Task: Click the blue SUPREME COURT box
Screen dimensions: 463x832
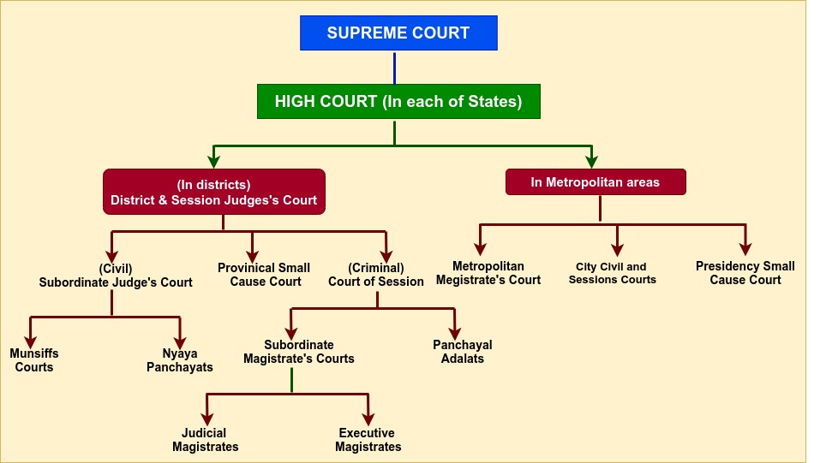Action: click(398, 33)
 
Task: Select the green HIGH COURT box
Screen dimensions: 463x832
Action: click(398, 101)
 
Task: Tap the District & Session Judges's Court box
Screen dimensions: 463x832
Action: click(213, 192)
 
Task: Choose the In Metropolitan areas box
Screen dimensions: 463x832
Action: click(596, 182)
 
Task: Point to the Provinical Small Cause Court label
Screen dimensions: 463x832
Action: click(264, 275)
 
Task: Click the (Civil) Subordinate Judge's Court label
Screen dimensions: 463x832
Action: click(116, 275)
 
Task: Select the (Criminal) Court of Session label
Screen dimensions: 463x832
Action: click(376, 275)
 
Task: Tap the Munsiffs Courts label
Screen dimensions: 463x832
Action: click(34, 360)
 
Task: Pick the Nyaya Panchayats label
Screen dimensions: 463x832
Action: click(180, 360)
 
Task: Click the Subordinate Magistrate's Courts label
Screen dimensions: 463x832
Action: click(298, 352)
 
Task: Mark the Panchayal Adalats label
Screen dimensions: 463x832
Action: click(463, 352)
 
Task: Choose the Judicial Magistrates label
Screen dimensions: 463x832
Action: click(206, 440)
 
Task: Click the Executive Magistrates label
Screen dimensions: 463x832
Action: click(368, 440)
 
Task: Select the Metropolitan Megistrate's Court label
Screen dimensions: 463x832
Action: click(488, 273)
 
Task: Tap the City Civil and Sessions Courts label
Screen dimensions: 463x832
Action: click(613, 273)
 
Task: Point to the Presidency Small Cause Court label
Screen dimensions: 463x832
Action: click(745, 273)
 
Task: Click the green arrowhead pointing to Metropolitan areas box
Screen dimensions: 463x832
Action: click(591, 161)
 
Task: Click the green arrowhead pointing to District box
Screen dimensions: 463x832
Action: click(213, 161)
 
